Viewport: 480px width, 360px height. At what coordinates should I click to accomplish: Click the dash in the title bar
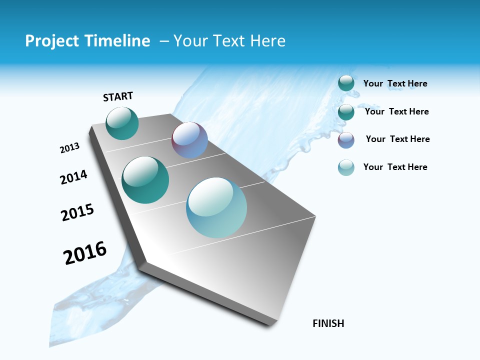[164, 41]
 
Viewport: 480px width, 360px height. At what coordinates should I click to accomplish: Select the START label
[118, 96]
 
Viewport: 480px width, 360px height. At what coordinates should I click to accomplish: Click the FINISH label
[328, 323]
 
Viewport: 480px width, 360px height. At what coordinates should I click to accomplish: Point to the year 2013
[70, 148]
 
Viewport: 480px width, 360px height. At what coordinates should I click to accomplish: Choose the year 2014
[74, 177]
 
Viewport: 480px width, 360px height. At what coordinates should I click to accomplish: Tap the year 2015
[77, 212]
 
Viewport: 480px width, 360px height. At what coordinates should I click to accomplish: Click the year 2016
[85, 252]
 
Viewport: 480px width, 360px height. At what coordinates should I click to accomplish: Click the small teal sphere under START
[122, 123]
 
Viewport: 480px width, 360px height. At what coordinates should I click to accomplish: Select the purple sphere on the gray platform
[189, 140]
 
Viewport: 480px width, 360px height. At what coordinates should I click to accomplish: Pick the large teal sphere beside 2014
[145, 180]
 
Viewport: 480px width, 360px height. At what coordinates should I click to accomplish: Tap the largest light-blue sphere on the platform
[216, 207]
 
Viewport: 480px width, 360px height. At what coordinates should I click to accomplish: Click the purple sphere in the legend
[346, 140]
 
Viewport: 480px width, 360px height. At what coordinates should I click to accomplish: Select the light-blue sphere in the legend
[346, 167]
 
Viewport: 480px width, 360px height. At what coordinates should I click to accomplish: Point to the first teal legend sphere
[346, 83]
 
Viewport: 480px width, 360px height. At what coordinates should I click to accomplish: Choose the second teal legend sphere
[346, 112]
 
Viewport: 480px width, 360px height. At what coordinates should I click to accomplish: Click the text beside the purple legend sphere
[397, 139]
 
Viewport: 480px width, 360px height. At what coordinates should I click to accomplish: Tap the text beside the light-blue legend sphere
[395, 167]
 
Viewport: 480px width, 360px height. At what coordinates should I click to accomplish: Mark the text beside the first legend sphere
[395, 83]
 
